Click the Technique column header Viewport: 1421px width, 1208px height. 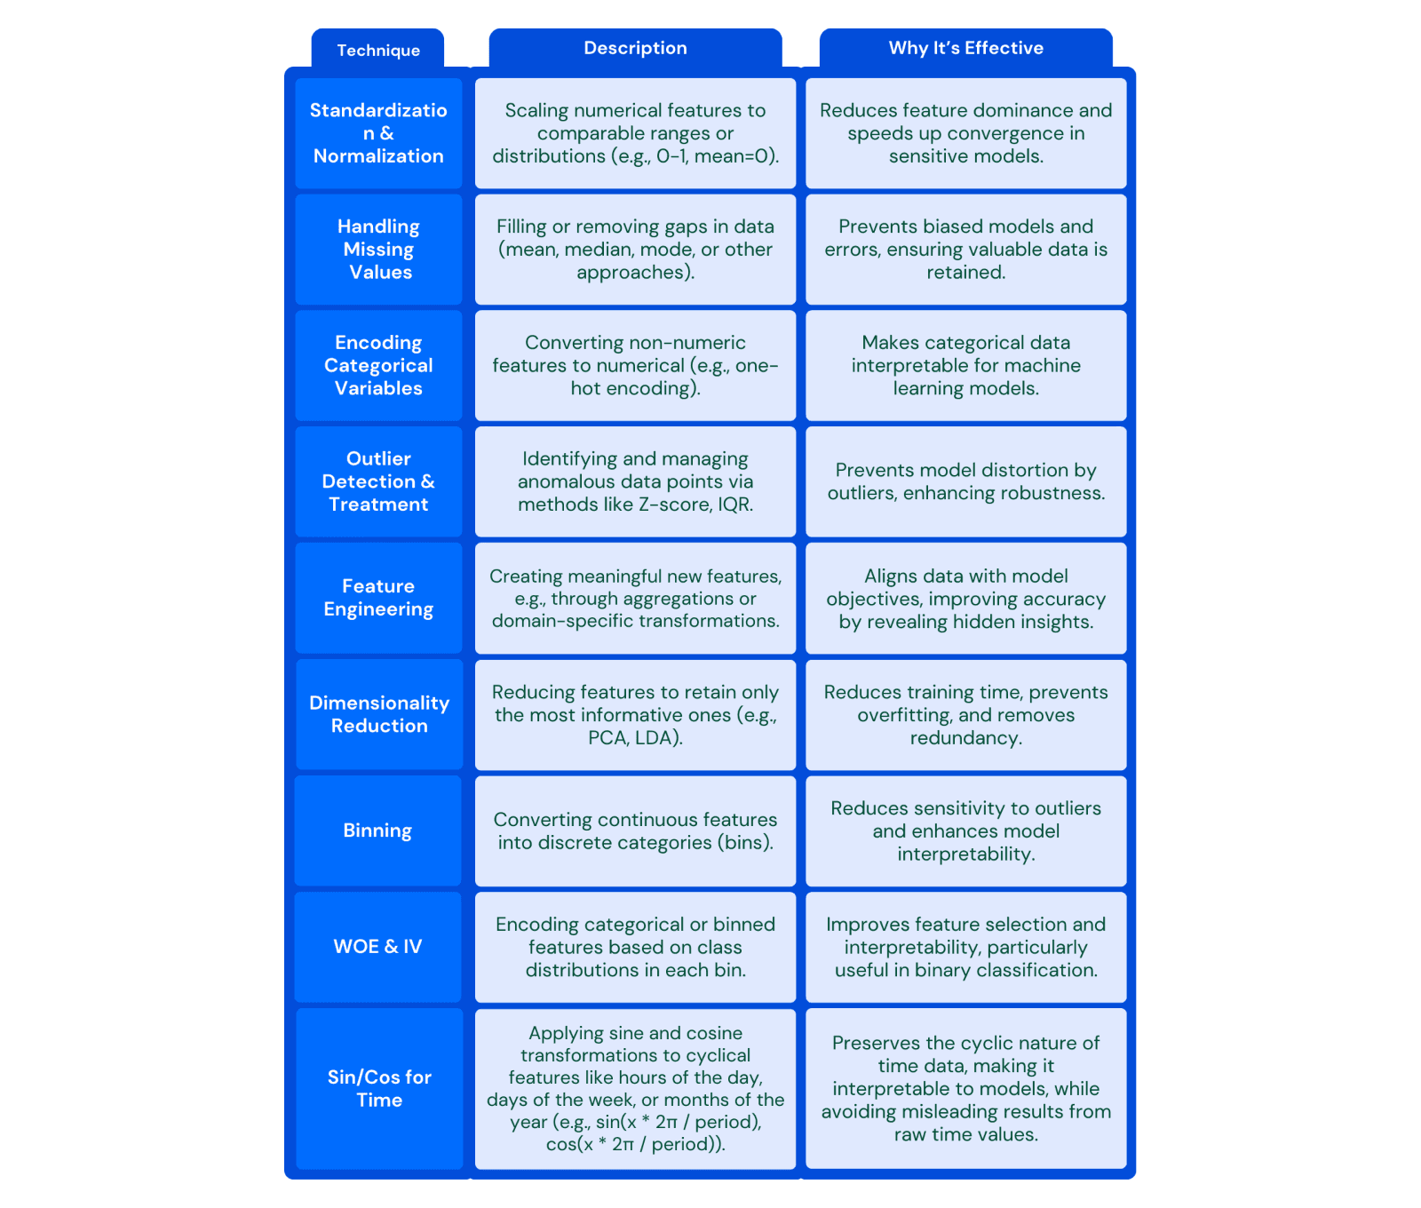point(377,50)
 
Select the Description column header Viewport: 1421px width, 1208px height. point(635,48)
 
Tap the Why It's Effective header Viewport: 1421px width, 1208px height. point(965,48)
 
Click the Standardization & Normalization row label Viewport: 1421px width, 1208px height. point(378,133)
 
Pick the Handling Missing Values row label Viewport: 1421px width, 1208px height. point(378,250)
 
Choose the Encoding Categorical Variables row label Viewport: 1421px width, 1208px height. point(378,365)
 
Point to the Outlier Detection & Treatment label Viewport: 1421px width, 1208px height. point(378,481)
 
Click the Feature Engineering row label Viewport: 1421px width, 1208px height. point(378,598)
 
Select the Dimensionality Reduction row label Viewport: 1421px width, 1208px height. point(379,714)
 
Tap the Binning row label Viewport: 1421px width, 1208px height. point(377,830)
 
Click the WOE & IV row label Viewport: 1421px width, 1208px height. point(377,947)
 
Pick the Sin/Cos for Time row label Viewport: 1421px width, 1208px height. point(379,1088)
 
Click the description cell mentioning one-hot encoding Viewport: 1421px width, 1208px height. point(635,365)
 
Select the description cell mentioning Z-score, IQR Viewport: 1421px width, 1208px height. point(635,481)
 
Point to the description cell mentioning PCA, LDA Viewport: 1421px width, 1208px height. point(635,714)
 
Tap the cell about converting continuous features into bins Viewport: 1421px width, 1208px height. point(635,830)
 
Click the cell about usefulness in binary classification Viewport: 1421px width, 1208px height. point(965,947)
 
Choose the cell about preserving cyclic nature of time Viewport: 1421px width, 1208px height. point(965,1088)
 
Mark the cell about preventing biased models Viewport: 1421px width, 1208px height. point(965,250)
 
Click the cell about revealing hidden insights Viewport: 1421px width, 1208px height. point(965,598)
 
